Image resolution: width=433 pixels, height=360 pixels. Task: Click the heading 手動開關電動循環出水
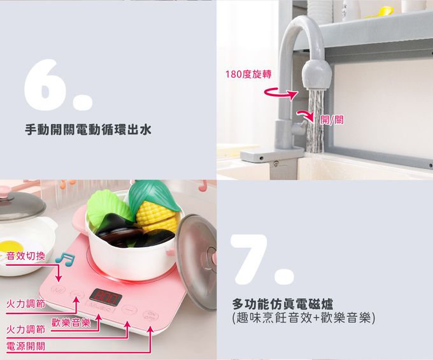point(89,129)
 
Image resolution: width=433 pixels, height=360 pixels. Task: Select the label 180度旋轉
point(248,74)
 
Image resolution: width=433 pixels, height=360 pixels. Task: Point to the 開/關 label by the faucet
point(332,120)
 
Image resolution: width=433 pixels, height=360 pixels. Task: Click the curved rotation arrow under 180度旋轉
point(280,94)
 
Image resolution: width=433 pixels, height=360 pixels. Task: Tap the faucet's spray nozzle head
point(316,74)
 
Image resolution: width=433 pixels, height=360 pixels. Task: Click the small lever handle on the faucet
point(299,127)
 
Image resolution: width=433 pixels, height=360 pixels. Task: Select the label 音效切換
point(25,256)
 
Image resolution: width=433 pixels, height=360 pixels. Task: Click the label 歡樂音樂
point(71,322)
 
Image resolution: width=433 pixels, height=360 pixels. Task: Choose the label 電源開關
point(25,346)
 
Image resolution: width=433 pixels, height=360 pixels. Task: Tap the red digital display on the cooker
point(106,297)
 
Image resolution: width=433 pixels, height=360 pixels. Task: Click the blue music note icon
point(65,259)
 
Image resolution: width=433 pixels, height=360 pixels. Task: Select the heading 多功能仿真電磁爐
point(283,304)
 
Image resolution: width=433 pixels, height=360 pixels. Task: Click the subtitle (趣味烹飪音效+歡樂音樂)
point(304,318)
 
